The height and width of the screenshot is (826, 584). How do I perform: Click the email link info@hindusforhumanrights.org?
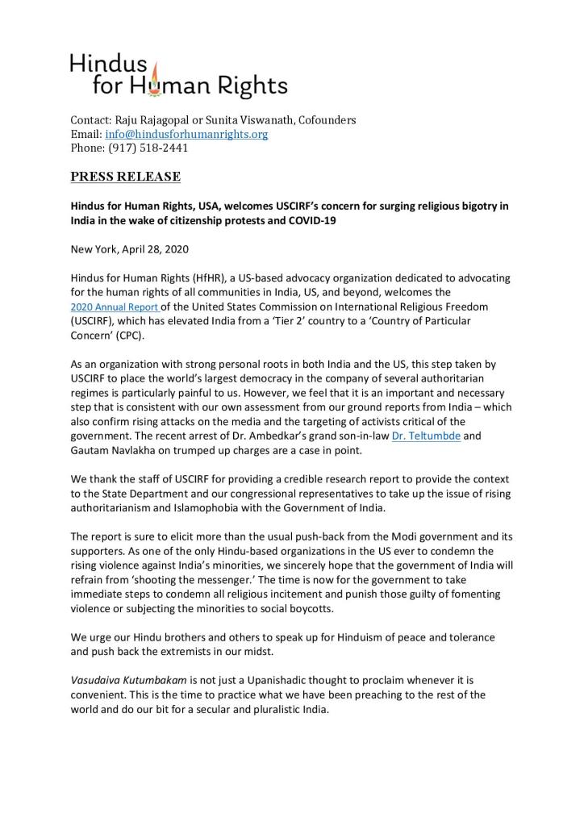click(x=186, y=135)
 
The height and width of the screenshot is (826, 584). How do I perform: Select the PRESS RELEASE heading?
click(x=125, y=177)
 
